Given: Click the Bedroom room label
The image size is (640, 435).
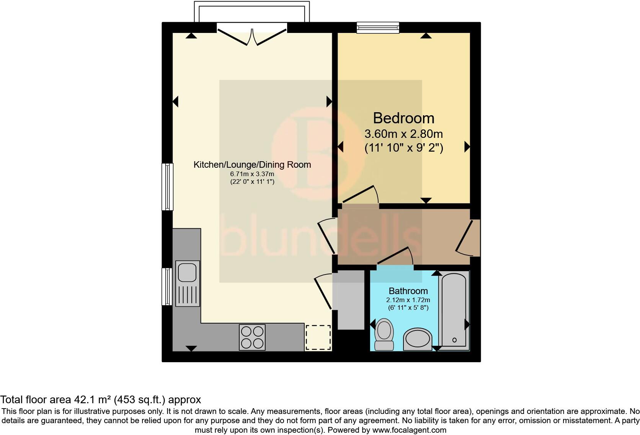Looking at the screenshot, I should point(403,118).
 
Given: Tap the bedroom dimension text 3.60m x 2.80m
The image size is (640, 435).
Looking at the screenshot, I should point(403,134).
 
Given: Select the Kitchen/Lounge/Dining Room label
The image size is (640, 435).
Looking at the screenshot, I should point(252,165).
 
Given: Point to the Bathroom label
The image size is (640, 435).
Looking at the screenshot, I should point(408,291).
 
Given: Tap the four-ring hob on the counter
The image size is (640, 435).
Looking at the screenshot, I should point(252,337).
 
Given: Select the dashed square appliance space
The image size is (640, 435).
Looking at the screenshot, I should point(318,337).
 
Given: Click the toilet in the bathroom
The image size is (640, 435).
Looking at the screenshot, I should point(384,334).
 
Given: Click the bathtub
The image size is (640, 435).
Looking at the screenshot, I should point(454,310).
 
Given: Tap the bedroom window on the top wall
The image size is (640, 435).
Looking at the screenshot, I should point(378,27).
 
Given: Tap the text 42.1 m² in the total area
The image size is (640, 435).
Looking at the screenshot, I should point(92,400).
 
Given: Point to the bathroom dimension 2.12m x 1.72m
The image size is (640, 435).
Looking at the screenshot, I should point(408,300).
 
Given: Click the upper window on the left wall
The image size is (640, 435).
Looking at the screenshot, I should point(167,186).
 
